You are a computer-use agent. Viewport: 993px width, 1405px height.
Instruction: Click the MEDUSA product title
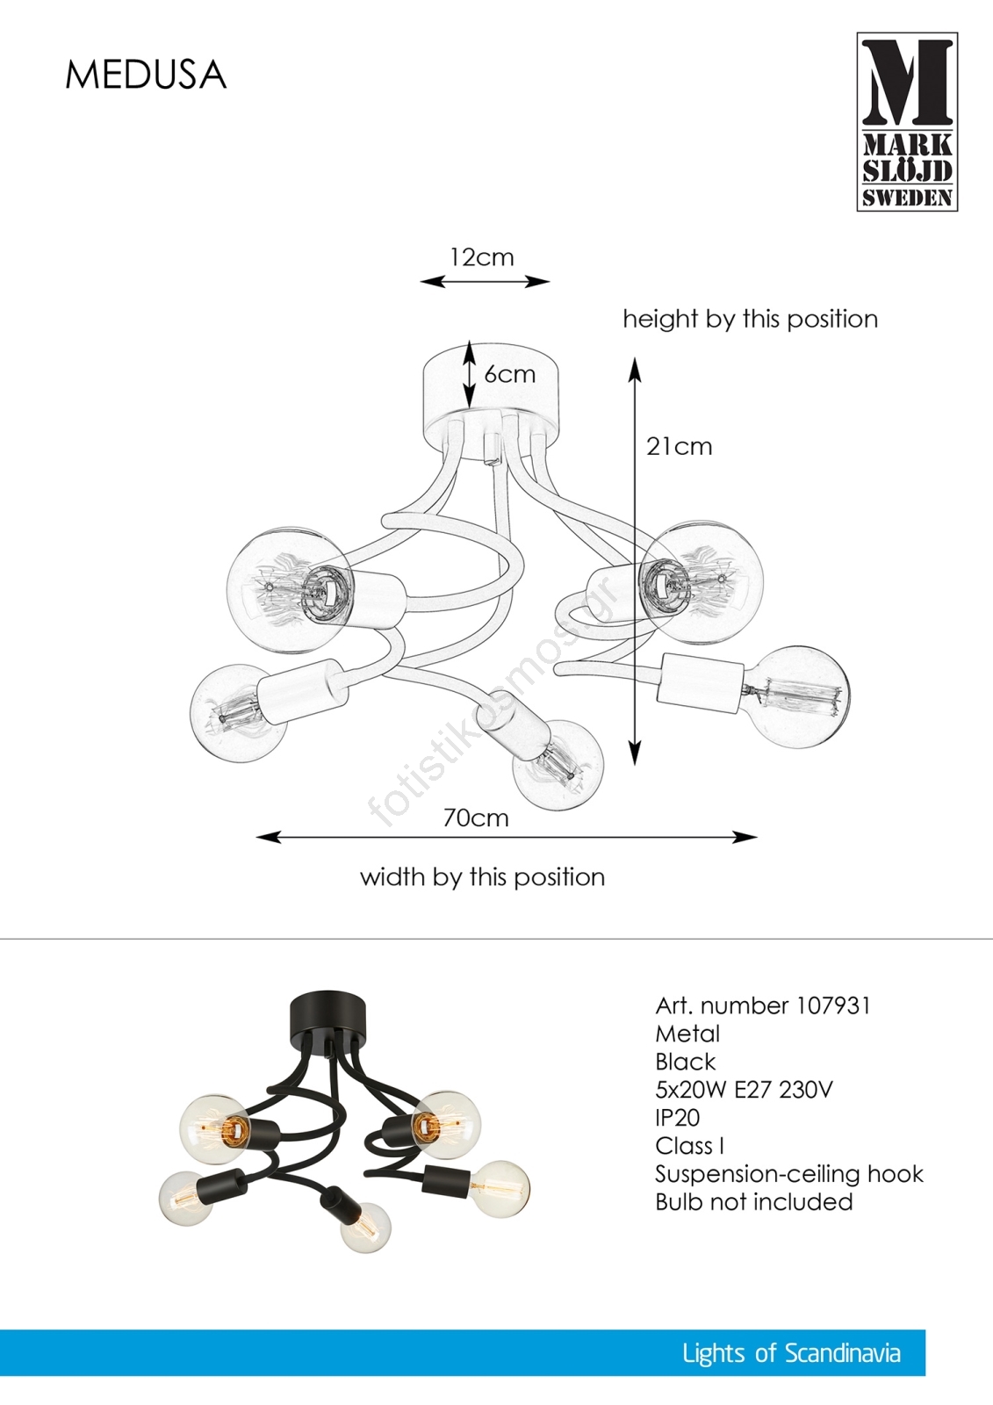point(146,76)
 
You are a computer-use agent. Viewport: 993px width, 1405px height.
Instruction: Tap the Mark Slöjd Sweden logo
point(907,122)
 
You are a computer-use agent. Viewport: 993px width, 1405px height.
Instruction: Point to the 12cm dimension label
point(482,257)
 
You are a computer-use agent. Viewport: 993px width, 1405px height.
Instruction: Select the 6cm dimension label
point(509,374)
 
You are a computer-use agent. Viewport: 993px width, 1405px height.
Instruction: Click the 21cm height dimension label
point(680,447)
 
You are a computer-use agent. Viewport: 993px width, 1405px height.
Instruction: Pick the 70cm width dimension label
point(476,818)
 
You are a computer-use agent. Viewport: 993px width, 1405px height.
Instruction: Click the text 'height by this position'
point(751,320)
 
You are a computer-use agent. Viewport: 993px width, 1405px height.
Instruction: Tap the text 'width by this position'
point(482,877)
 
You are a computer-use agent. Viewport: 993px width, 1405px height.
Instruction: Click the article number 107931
point(834,1005)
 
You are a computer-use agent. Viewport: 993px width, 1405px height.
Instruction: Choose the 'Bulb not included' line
point(754,1202)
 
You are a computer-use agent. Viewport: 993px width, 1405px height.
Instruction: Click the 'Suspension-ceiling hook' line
point(790,1173)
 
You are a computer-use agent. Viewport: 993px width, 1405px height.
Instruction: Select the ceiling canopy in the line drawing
point(491,397)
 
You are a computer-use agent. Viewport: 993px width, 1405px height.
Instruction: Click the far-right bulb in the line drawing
point(798,697)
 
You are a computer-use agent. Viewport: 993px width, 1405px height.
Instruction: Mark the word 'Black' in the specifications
point(685,1062)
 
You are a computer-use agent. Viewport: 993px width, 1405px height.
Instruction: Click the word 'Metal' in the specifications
point(687,1034)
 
